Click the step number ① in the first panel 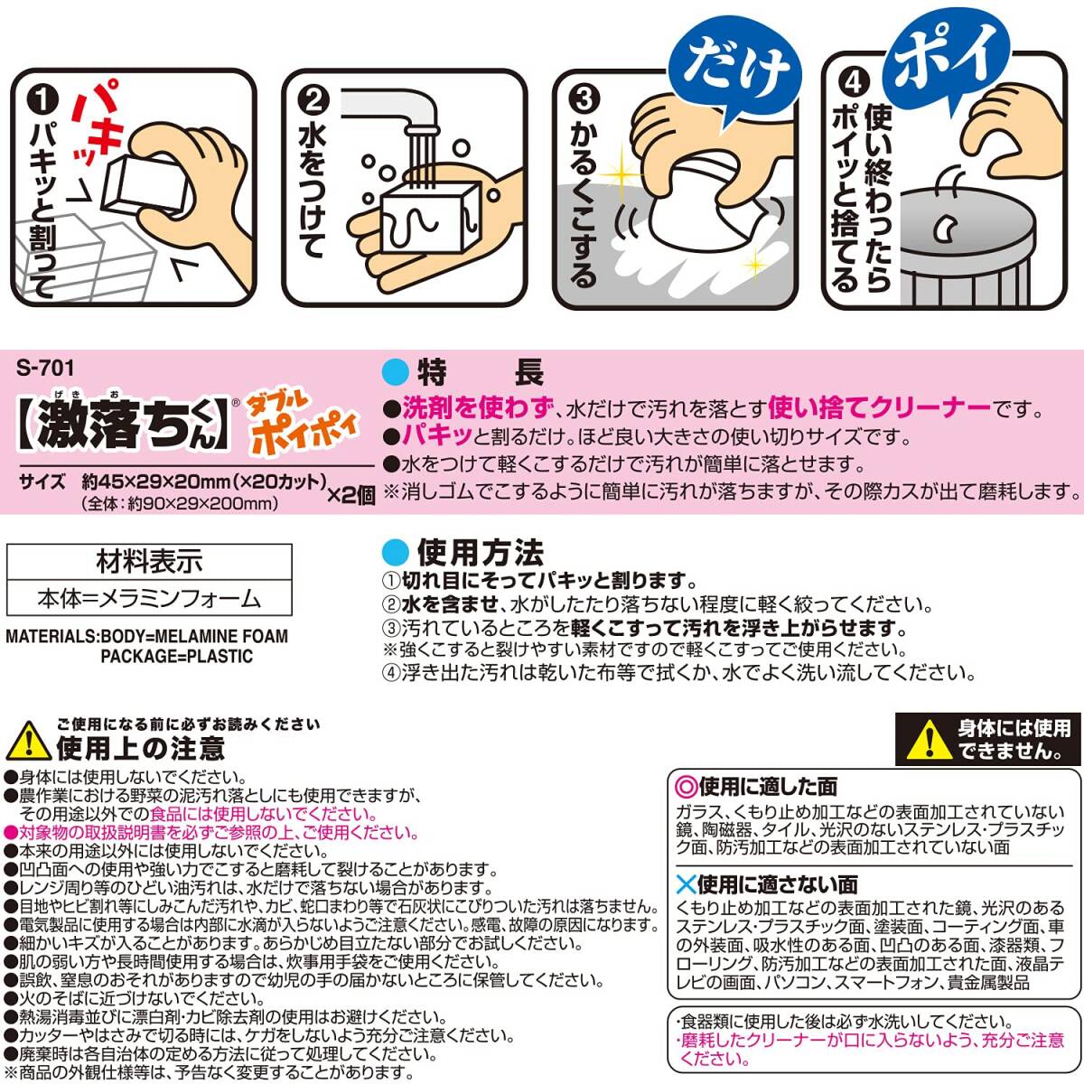coord(43,101)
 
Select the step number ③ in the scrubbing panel coord(584,99)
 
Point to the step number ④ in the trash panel coord(854,83)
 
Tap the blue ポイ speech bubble coord(948,53)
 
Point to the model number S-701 coord(45,369)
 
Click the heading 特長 coord(480,372)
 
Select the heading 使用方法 coord(480,553)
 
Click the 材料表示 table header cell coord(149,561)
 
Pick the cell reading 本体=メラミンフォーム coord(149,598)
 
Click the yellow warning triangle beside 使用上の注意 coord(28,741)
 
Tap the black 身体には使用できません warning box coord(988,739)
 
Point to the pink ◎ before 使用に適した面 coord(687,787)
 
